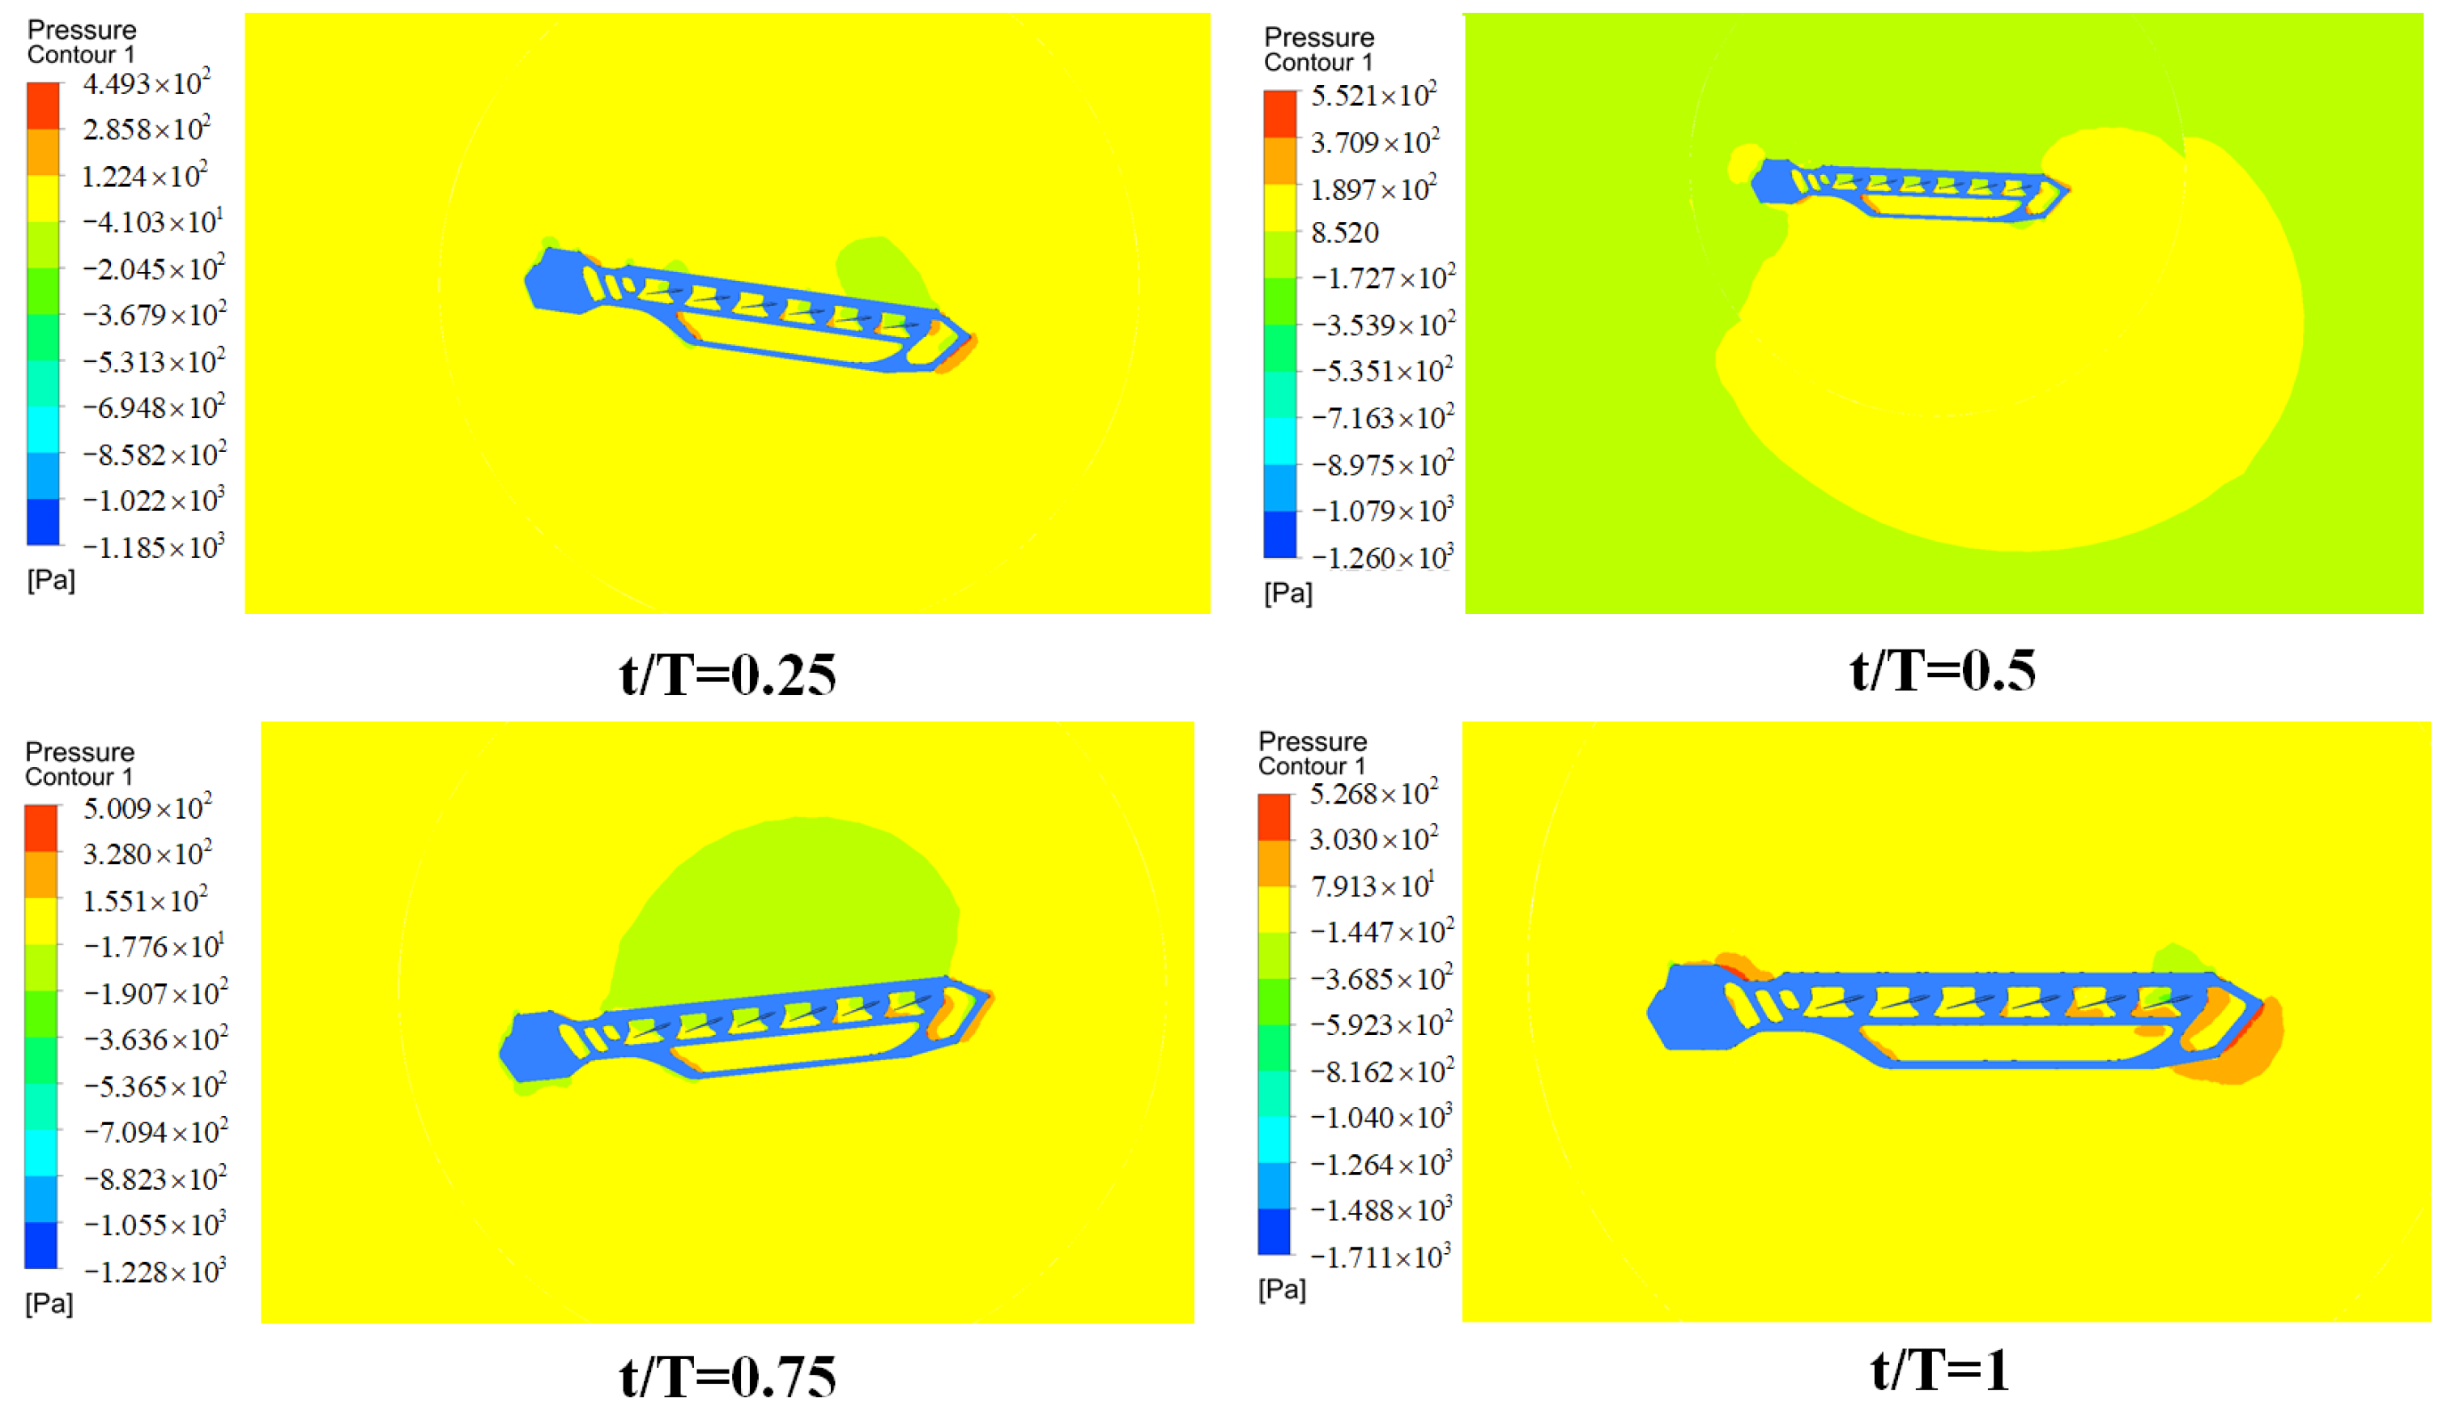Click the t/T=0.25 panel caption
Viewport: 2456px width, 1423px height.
(x=727, y=675)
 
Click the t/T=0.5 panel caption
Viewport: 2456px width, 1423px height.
(x=1942, y=671)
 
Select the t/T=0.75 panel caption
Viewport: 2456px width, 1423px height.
(x=727, y=1376)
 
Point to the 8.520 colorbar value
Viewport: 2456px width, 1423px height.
(x=1345, y=233)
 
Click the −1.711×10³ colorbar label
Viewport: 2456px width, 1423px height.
(x=1380, y=1257)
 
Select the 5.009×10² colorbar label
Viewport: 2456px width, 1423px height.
(x=147, y=808)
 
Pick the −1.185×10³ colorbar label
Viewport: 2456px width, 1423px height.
(x=153, y=547)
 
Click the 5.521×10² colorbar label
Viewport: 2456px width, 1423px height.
(x=1373, y=96)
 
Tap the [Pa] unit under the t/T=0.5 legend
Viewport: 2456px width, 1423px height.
(x=1288, y=593)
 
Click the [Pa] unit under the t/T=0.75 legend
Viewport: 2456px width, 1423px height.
(x=49, y=1303)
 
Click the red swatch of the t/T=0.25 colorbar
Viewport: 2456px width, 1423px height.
(x=43, y=105)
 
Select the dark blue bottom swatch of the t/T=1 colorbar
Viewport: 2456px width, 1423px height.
(x=1274, y=1232)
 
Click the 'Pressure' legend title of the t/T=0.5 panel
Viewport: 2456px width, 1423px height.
(x=1318, y=37)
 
